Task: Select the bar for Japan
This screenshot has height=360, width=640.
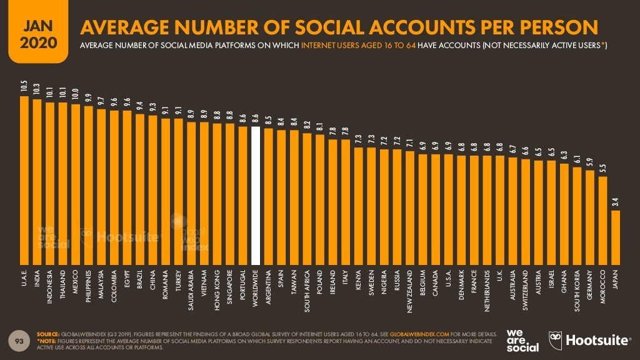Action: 616,237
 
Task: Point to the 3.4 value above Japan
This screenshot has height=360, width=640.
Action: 616,202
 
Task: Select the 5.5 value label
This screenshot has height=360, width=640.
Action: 602,168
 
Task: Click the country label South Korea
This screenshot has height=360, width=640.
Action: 577,291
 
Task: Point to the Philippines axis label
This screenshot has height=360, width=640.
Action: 88,289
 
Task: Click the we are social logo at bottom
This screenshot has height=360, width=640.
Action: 522,340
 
